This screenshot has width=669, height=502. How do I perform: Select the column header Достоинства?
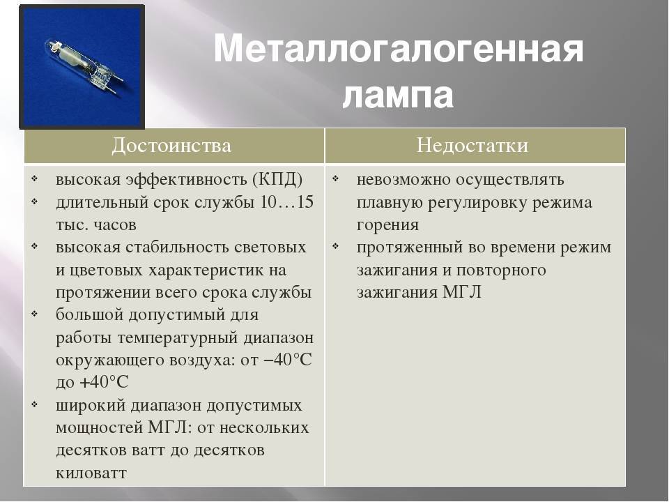tap(171, 146)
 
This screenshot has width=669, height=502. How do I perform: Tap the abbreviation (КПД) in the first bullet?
tap(277, 179)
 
